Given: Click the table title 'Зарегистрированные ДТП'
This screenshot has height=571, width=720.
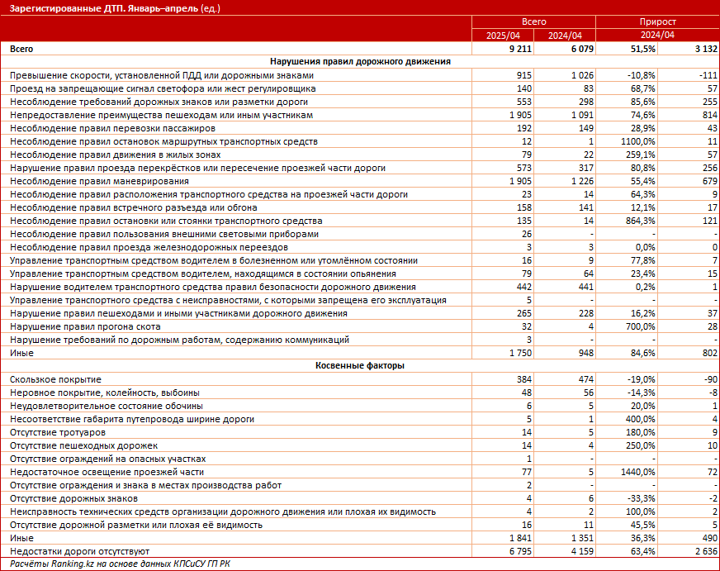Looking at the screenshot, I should [x=63, y=8].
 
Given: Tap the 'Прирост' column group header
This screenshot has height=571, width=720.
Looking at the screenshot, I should [x=657, y=22].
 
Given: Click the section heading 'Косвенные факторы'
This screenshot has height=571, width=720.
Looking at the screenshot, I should [x=359, y=366].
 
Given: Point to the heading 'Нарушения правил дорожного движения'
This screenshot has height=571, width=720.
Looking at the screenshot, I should [x=359, y=62].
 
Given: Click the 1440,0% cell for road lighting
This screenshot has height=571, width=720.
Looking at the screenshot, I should [x=637, y=472].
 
